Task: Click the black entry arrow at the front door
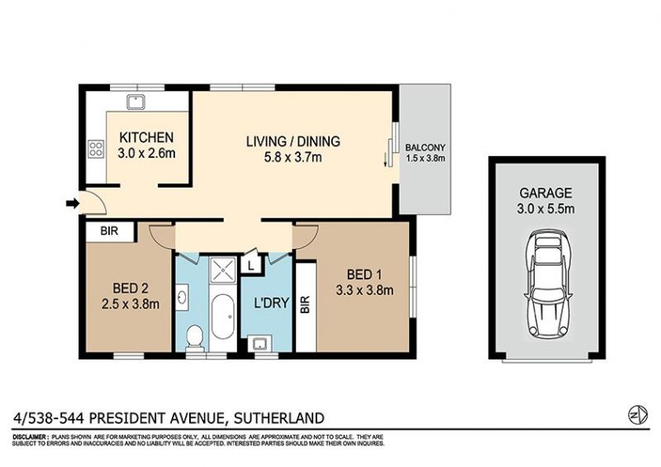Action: (73, 204)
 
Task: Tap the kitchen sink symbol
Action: (136, 102)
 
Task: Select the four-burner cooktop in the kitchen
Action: (96, 149)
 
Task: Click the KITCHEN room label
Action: (146, 137)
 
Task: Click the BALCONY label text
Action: (425, 148)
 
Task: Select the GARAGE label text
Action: (545, 193)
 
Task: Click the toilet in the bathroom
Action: (194, 336)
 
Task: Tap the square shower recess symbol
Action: (223, 269)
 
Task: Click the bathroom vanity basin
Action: (182, 297)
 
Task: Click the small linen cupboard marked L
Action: (251, 266)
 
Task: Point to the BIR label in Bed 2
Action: (109, 231)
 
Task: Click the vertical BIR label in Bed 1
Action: (305, 305)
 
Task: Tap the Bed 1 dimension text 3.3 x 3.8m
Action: (364, 290)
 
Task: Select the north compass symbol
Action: (638, 415)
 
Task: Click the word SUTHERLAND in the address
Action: (279, 418)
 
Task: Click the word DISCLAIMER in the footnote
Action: (30, 437)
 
